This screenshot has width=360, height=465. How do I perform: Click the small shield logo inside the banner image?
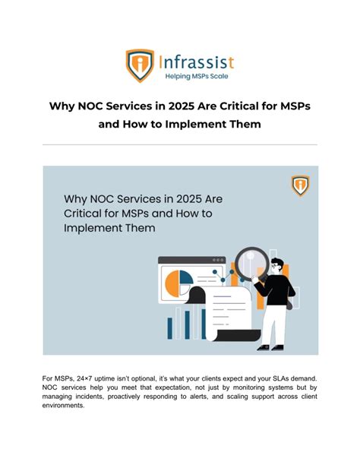click(x=299, y=185)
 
